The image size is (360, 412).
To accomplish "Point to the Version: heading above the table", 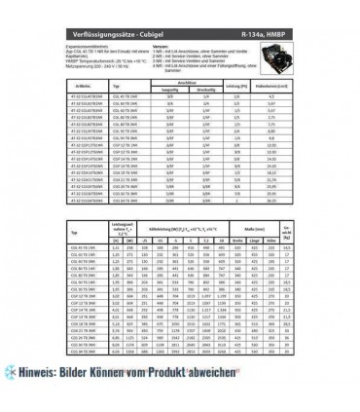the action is [159, 45].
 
